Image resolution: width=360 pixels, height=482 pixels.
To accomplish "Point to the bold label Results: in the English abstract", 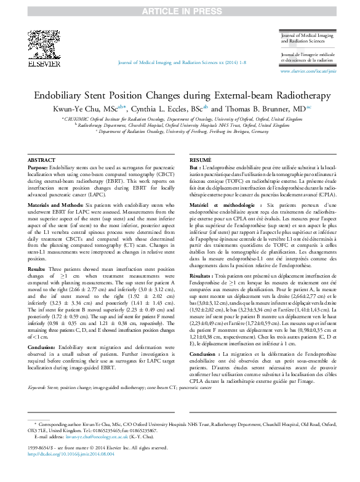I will pyautogui.click(x=37, y=270).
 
